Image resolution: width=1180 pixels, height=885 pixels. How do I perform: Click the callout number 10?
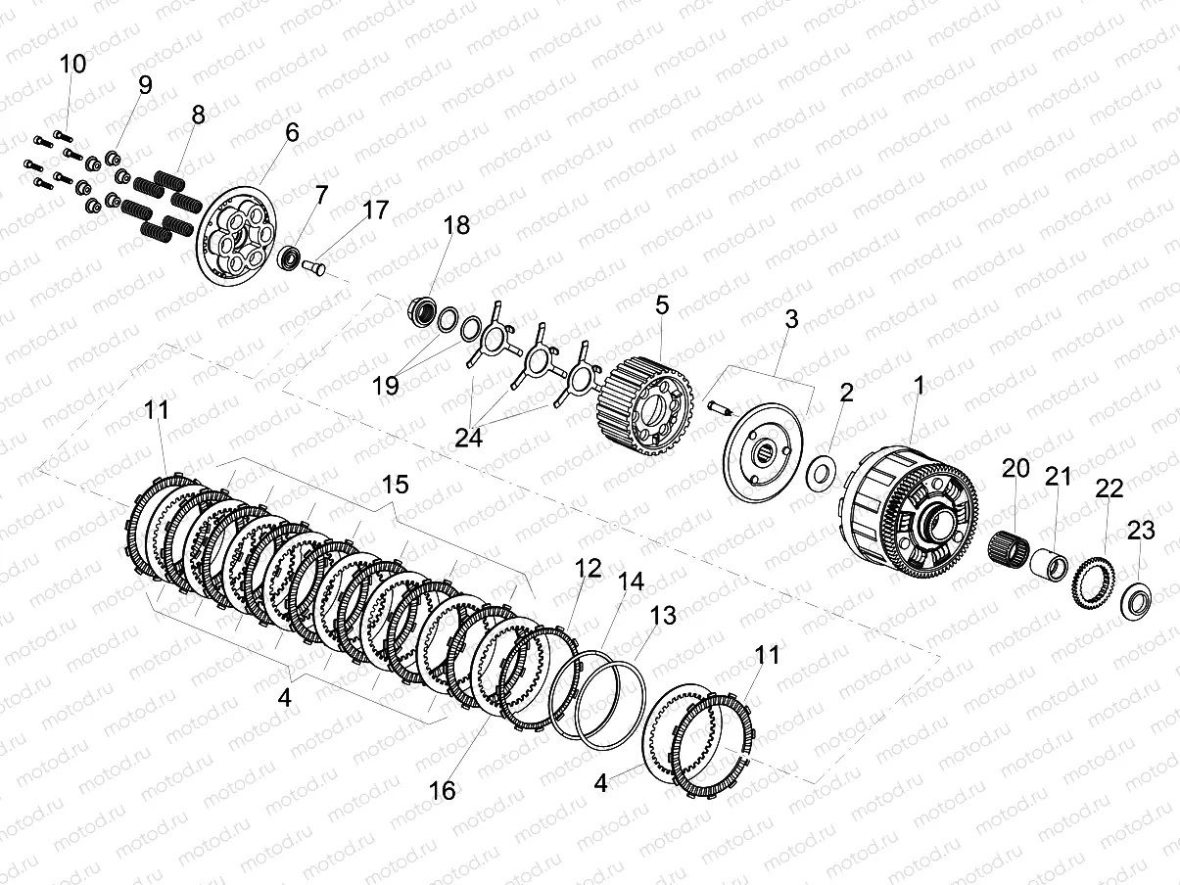(72, 64)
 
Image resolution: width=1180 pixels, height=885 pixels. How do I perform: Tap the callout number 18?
(456, 225)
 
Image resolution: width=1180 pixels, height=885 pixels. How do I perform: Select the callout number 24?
(469, 438)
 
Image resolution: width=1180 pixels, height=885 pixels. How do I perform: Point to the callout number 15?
(395, 485)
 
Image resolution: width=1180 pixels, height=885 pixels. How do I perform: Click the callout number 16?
(442, 790)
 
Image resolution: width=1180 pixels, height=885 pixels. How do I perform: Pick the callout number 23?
(1141, 531)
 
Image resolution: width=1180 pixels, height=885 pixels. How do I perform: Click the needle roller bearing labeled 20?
(1008, 545)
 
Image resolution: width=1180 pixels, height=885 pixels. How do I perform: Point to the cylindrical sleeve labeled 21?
(1049, 563)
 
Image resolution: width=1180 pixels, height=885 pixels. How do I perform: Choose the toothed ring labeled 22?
(1093, 582)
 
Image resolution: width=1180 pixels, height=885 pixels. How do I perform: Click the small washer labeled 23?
(1136, 600)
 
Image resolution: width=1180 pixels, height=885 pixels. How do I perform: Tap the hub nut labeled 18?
(423, 310)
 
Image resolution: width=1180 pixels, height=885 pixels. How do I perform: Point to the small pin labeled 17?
(314, 267)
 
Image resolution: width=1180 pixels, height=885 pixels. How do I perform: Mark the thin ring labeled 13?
(611, 705)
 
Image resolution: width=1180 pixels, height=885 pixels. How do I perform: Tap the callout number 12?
(588, 568)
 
